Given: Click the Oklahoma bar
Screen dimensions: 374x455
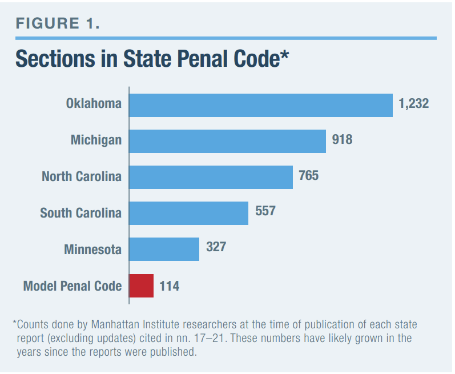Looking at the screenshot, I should [x=261, y=104].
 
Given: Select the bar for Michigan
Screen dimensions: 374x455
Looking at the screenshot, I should [x=228, y=140].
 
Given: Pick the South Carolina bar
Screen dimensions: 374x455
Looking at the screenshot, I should [x=189, y=213].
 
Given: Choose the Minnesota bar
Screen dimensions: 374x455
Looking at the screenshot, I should [x=164, y=249].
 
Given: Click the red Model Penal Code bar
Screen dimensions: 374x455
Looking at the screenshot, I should [x=142, y=285].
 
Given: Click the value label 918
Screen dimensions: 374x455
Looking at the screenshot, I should [x=342, y=139].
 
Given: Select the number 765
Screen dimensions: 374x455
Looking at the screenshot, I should [x=308, y=175].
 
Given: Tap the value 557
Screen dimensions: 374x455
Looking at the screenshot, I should [x=265, y=211].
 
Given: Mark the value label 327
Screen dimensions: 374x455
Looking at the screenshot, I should [x=216, y=248].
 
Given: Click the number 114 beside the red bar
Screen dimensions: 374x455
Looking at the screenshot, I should [x=169, y=285].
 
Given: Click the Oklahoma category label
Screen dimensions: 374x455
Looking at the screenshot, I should [x=94, y=104].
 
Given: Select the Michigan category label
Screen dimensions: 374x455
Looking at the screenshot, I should [x=96, y=140].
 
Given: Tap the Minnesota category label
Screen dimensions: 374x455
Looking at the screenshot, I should [x=92, y=250].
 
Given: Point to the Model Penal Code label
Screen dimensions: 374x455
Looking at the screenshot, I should [x=73, y=286].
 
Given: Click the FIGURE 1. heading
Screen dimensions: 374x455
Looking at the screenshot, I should [x=58, y=23].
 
